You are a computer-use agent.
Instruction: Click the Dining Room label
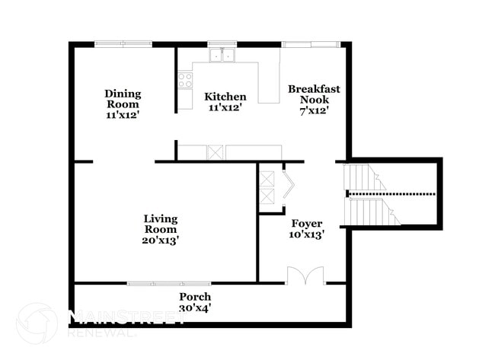click(123, 99)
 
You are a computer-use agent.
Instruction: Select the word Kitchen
click(225, 97)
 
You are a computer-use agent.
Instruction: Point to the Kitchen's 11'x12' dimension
click(225, 108)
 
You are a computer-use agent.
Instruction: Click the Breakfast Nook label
click(314, 94)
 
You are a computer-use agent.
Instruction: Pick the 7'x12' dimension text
click(314, 110)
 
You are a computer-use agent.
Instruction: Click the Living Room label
click(161, 224)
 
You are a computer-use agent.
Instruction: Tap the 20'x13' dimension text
click(161, 240)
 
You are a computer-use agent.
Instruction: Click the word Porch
click(195, 296)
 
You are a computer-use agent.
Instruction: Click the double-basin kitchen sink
click(222, 55)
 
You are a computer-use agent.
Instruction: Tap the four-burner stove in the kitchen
click(185, 80)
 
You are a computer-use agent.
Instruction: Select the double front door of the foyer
click(305, 276)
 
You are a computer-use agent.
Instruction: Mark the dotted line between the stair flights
click(391, 194)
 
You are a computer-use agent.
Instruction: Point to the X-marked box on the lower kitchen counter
click(216, 152)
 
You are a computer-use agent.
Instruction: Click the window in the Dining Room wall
click(123, 44)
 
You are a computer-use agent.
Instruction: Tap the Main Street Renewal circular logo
click(37, 323)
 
